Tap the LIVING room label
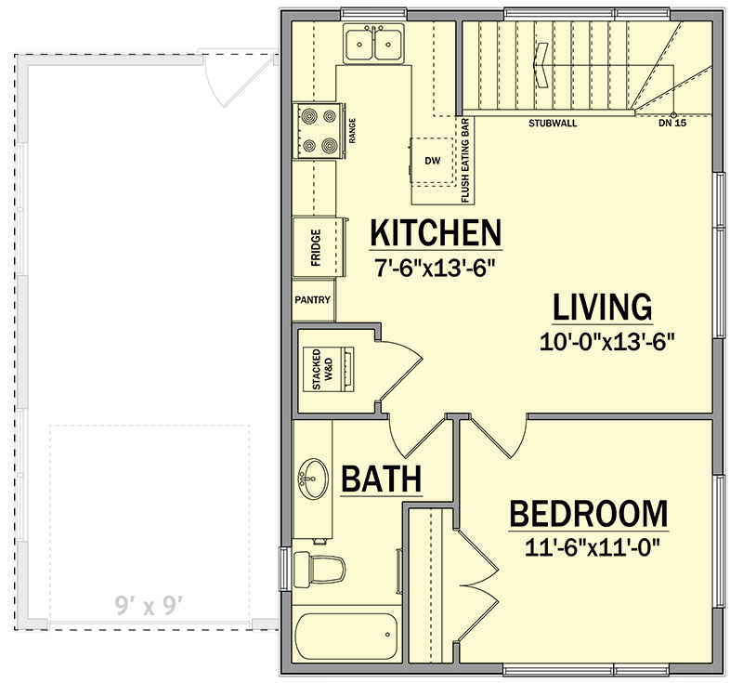tap(603, 308)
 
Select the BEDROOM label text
tap(589, 513)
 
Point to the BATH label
tap(382, 479)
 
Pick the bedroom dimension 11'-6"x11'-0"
tap(590, 547)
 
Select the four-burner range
tap(317, 131)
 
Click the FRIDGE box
tap(315, 247)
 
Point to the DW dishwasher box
tap(432, 161)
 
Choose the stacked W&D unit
tap(327, 369)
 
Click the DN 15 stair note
tap(671, 123)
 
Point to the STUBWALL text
tap(549, 123)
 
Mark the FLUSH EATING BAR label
tap(465, 161)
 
